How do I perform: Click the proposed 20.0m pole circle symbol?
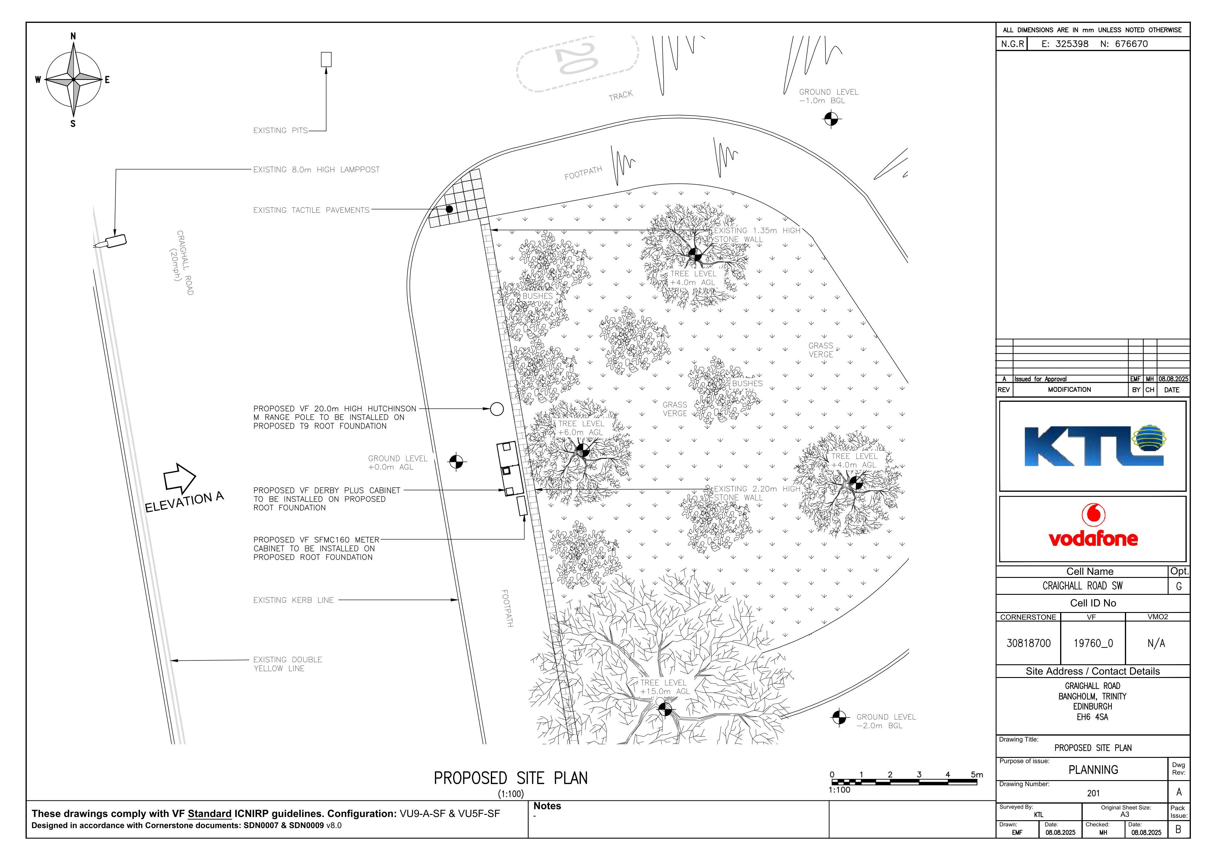click(497, 409)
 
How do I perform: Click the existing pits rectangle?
click(326, 59)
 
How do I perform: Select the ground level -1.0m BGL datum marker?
click(832, 119)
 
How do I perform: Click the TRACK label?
click(621, 95)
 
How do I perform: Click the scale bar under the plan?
click(904, 782)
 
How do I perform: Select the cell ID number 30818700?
click(1028, 643)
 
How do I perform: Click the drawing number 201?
click(1093, 793)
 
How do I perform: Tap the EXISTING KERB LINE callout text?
click(293, 600)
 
